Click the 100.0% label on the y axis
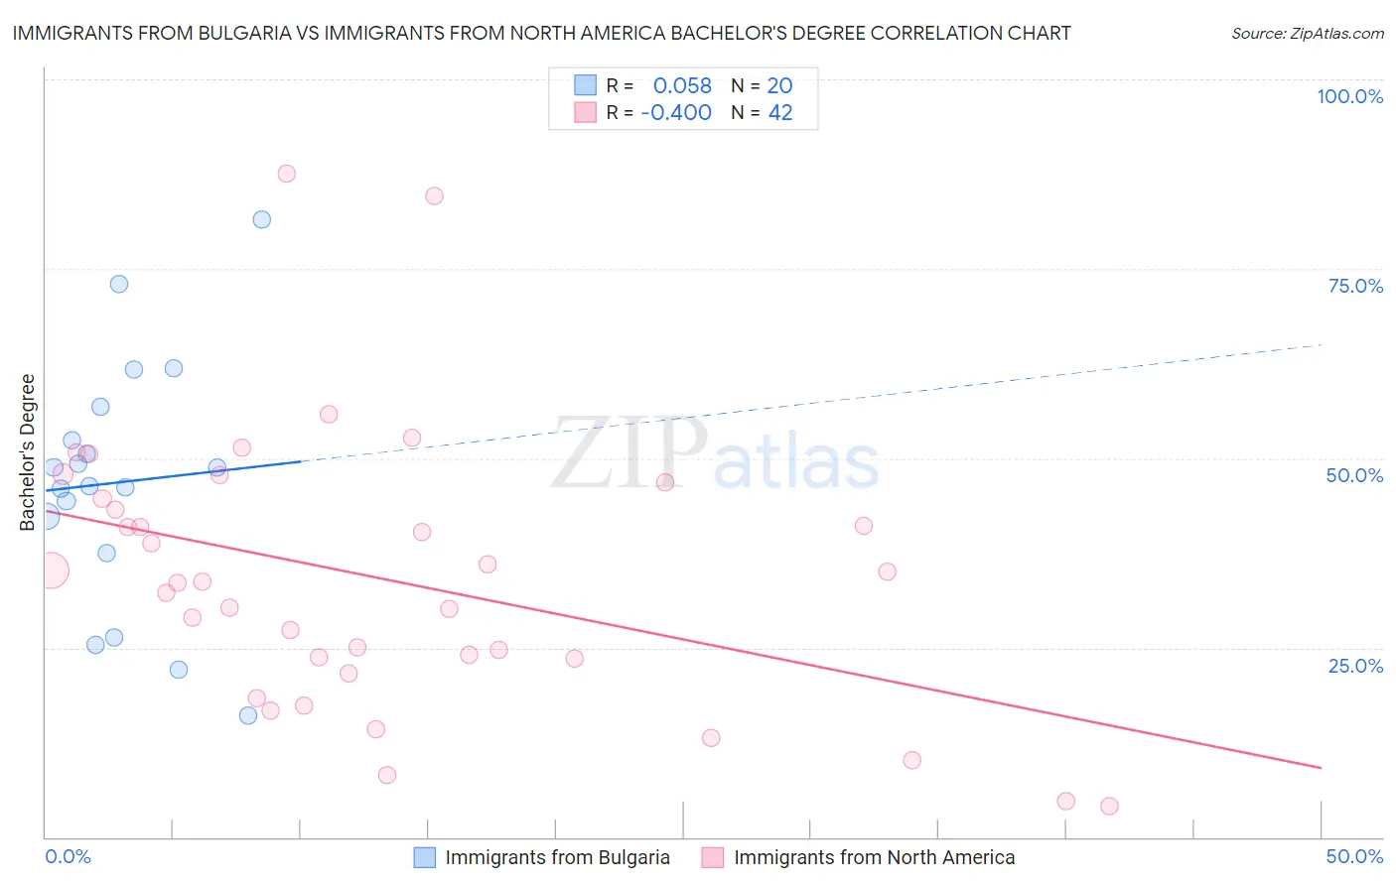click(x=1349, y=96)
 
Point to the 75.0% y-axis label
click(x=1355, y=286)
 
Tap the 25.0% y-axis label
click(x=1355, y=666)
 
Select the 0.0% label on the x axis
click(x=69, y=856)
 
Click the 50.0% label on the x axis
click(x=1354, y=856)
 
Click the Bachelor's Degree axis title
click(x=27, y=452)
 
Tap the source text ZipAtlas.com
click(x=1308, y=34)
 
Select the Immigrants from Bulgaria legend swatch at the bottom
click(x=425, y=857)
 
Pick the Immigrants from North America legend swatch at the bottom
click(x=713, y=857)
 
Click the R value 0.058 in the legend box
click(x=682, y=85)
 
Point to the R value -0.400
click(x=676, y=113)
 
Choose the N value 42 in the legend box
click(x=780, y=113)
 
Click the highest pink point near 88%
click(x=287, y=174)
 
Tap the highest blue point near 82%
click(x=262, y=219)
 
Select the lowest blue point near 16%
click(x=248, y=715)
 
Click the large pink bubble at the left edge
click(x=51, y=570)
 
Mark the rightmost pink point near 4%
click(x=1109, y=806)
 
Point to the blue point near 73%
click(x=119, y=284)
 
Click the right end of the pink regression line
click(x=1321, y=768)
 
